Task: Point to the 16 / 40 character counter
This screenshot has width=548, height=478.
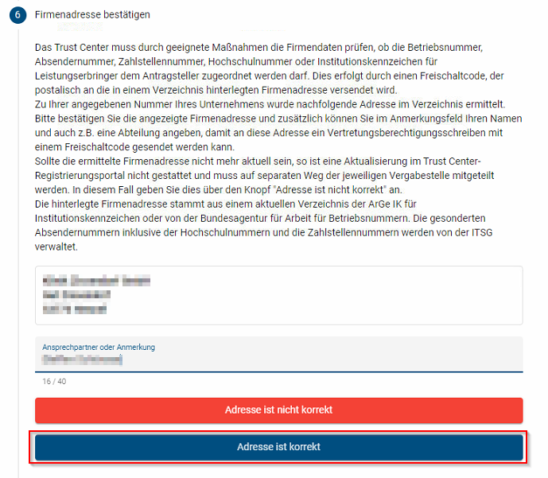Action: click(x=54, y=382)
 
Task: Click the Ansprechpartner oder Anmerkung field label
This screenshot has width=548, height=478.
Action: click(x=99, y=348)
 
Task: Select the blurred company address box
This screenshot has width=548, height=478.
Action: click(x=278, y=295)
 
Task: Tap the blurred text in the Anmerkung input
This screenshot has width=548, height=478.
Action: click(x=83, y=360)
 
